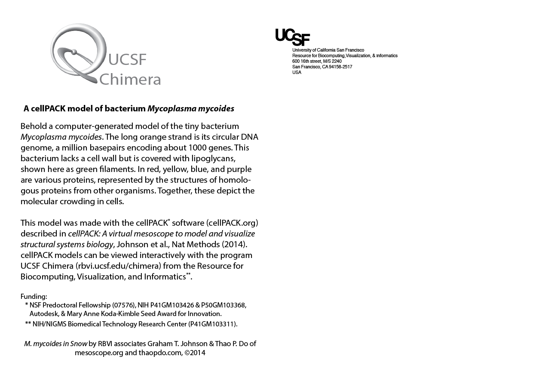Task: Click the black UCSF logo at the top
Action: [x=292, y=37]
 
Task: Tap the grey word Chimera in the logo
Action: [x=130, y=80]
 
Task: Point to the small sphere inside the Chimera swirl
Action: [x=74, y=52]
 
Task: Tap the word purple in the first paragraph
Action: [x=239, y=169]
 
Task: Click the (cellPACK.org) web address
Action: [x=232, y=223]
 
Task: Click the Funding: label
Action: [x=34, y=296]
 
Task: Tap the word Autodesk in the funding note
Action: [x=44, y=314]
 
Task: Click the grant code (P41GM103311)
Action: [x=213, y=324]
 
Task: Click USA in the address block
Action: [x=297, y=72]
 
